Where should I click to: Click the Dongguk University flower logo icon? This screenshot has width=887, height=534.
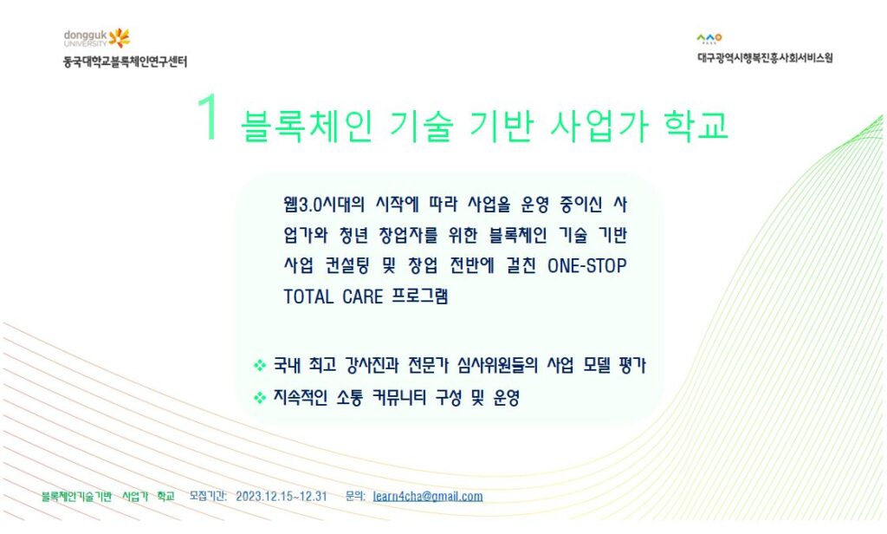tap(120, 38)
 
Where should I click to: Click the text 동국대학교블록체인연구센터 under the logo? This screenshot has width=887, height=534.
tap(125, 62)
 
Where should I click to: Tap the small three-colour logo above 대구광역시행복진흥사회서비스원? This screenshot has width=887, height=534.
tap(709, 38)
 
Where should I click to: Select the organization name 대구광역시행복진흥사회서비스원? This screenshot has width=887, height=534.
tap(765, 58)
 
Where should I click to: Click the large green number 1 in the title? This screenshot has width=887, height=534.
tap(208, 117)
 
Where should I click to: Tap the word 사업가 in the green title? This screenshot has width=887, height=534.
tap(599, 126)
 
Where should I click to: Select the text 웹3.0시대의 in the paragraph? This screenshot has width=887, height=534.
tap(324, 204)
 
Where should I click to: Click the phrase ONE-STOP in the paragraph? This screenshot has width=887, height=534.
tap(586, 265)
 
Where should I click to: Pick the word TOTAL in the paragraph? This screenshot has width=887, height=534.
tap(308, 296)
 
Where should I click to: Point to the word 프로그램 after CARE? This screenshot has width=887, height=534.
tap(420, 296)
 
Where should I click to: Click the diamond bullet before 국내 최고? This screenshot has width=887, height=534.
tap(260, 365)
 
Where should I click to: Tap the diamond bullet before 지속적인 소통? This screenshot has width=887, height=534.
tap(260, 398)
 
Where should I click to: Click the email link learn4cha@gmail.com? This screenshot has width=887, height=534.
tap(428, 497)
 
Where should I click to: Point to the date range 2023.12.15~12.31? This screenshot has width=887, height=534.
tap(282, 497)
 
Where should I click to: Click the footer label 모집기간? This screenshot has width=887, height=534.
tap(208, 496)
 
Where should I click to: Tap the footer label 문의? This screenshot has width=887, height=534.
tap(355, 496)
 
